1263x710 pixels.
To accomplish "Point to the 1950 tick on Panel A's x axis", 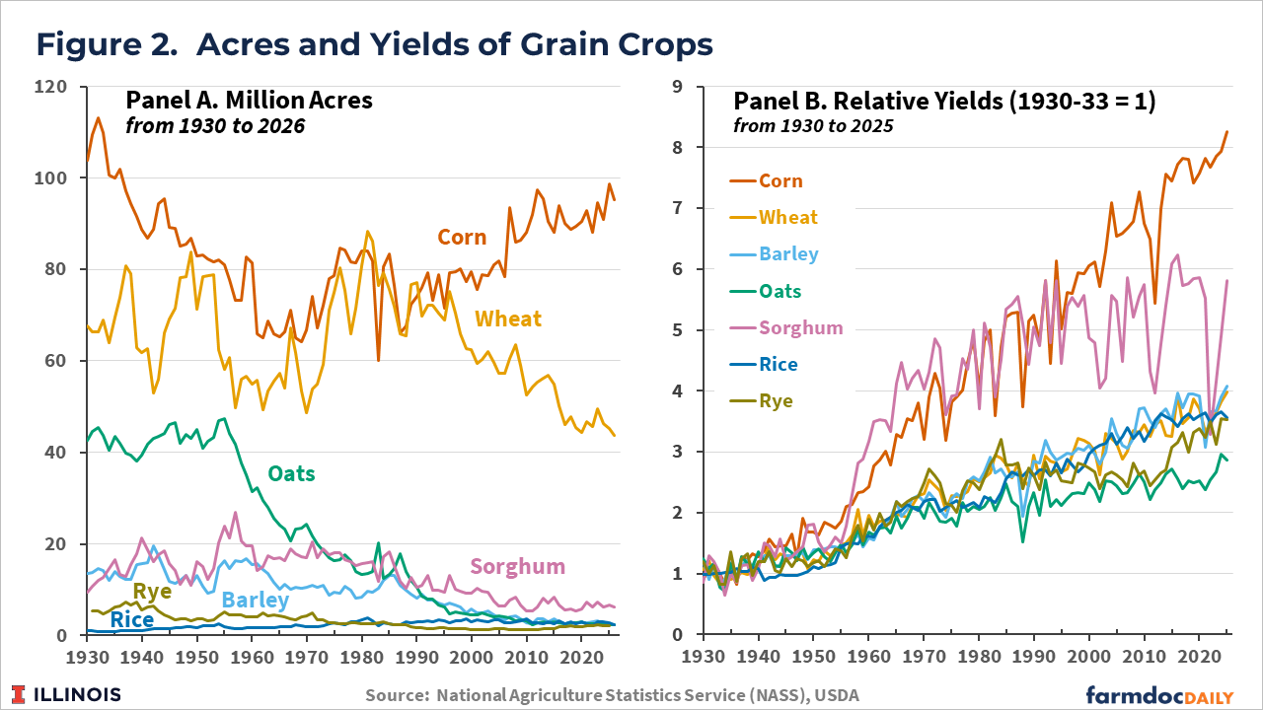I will pos(196,656).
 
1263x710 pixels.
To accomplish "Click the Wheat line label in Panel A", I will pos(508,319).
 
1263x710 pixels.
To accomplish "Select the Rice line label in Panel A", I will pos(131,619).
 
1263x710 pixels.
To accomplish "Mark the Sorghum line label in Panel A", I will pos(517,566).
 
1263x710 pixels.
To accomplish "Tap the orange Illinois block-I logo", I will pos(20,693).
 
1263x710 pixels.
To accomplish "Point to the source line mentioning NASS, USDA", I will pos(612,695).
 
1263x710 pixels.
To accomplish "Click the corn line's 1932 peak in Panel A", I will pos(98,118).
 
